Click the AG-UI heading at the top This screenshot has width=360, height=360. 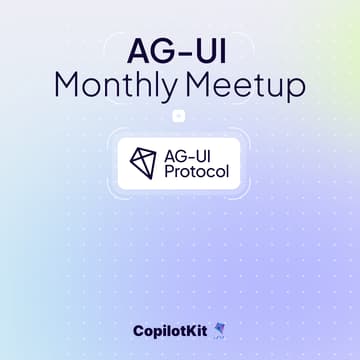[180, 49]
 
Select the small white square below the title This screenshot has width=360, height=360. [180, 116]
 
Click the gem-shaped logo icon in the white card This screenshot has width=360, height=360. [146, 163]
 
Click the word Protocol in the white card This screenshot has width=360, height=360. [199, 172]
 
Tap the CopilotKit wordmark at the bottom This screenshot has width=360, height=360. [169, 331]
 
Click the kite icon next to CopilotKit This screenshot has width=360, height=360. [220, 331]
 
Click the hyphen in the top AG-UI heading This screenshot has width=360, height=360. [180, 51]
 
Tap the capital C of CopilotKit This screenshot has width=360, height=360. [138, 331]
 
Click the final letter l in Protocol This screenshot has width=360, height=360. [227, 172]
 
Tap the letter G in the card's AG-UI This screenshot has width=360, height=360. [187, 154]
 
